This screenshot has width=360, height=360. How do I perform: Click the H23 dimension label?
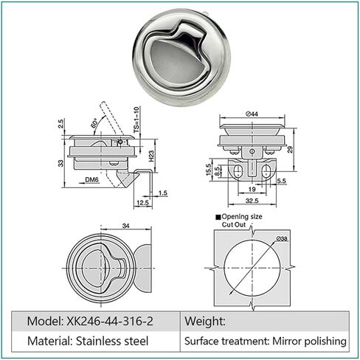149,156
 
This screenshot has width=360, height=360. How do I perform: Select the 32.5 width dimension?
252,200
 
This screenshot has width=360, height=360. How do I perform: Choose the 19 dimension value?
252,189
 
